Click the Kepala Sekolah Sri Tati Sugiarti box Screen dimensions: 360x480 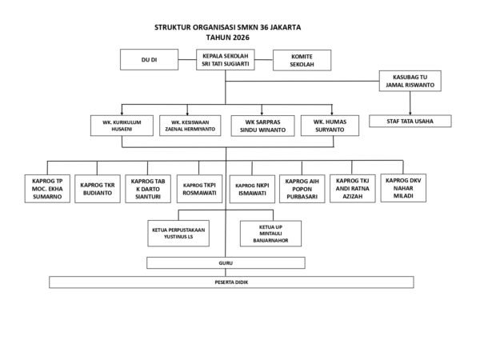point(226,60)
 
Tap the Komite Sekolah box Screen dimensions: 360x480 point(302,60)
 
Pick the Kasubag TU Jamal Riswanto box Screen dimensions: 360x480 point(410,82)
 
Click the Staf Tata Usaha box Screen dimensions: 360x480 point(410,121)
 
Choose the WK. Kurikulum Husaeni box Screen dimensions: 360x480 point(120,126)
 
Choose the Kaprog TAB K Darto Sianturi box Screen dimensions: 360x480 point(149,189)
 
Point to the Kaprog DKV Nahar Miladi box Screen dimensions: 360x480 point(402,187)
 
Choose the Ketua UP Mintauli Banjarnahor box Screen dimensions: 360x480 point(273,234)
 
